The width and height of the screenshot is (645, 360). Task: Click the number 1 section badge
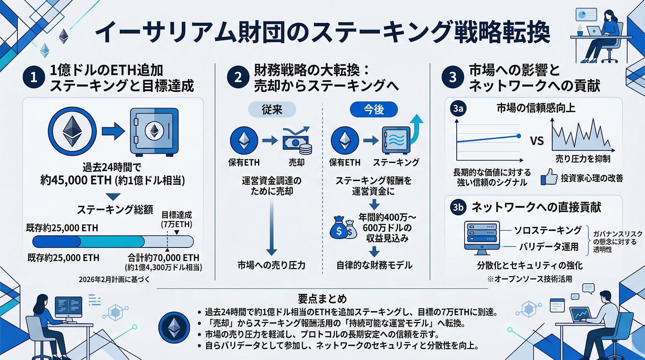(34, 77)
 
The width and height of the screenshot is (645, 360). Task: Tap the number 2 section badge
(238, 77)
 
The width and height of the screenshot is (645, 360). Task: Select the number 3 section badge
(453, 77)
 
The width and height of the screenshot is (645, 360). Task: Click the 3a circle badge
(458, 108)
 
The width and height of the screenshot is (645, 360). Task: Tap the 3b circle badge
(458, 207)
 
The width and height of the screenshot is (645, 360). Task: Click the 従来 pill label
(272, 109)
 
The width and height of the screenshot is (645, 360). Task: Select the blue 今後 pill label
(374, 109)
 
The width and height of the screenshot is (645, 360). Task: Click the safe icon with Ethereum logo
(154, 132)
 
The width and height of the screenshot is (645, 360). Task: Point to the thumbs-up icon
(549, 177)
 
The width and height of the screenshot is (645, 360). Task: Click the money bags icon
(343, 228)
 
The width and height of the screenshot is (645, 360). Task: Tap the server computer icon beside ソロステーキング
(482, 237)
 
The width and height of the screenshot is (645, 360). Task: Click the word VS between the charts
(537, 141)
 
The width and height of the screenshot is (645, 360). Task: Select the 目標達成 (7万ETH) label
(177, 219)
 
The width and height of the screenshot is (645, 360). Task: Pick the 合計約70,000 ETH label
(164, 258)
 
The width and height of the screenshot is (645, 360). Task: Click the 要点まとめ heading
(322, 299)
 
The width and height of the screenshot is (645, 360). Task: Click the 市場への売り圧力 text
(271, 265)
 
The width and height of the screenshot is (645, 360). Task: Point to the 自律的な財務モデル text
(374, 265)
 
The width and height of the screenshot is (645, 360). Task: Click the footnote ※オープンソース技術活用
(529, 279)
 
